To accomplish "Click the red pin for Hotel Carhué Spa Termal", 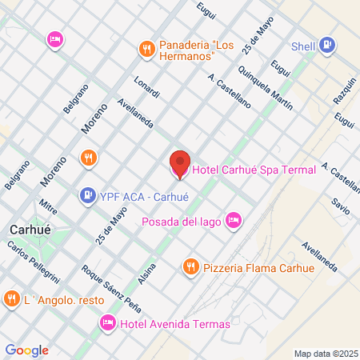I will coord(180,163).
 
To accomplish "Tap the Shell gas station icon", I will coord(326,46).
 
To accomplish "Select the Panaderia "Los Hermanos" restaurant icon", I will coord(146,49).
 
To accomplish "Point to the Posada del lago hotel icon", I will coord(234,219).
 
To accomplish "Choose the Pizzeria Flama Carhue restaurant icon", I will coord(190,266).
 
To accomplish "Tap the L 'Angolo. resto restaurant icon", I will coord(11,299).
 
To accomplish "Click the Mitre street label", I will coord(49,212).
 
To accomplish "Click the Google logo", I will coord(26,350).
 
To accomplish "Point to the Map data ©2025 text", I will coord(325,353).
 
